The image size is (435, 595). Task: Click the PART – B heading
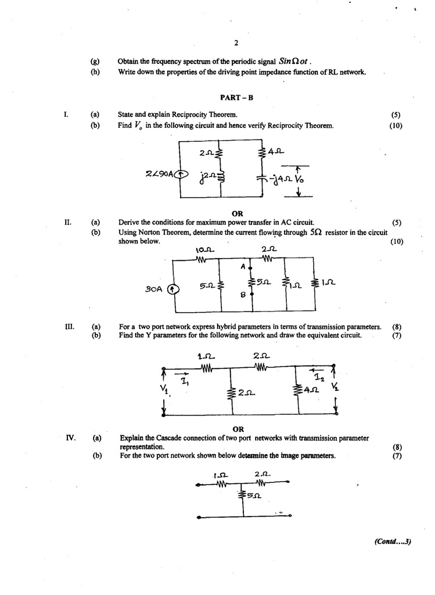[x=236, y=98]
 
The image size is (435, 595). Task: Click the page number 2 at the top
[x=236, y=43]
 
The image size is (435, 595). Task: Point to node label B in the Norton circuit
[x=245, y=295]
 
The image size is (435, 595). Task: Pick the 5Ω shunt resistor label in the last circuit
[x=254, y=496]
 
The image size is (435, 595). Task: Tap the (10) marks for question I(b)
[x=396, y=126]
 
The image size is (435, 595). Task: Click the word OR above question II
[x=237, y=213]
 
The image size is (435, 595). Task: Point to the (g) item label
[x=96, y=61]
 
